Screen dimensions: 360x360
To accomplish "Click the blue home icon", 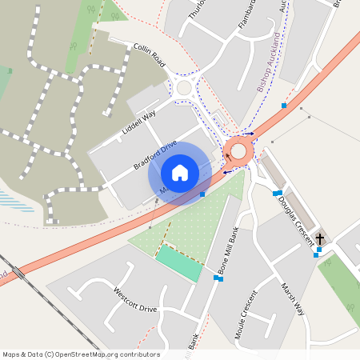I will click(180, 173).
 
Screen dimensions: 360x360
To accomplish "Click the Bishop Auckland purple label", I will click(270, 63).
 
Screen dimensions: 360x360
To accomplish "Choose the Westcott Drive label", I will click(135, 300).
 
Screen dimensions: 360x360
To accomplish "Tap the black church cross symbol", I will click(320, 238).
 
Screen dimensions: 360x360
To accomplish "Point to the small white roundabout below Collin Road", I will click(185, 88).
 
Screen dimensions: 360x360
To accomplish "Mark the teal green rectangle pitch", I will click(179, 263).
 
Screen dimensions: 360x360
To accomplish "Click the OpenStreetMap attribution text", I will click(80, 354).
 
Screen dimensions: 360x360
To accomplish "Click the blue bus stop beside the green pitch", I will click(218, 278).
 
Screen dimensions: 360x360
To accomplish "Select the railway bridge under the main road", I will click(18, 273).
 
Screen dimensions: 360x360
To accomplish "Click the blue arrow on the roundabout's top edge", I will click(248, 134).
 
